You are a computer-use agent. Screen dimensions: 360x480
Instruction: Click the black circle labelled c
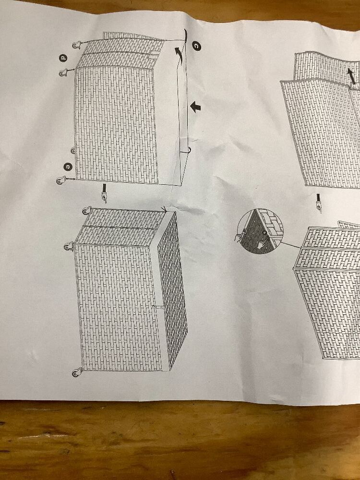tap(196, 46)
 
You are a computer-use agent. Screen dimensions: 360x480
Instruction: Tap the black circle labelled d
tap(63, 58)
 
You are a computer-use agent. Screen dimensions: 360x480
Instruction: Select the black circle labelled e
tap(68, 167)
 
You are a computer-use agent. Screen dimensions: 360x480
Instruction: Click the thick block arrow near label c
tap(195, 107)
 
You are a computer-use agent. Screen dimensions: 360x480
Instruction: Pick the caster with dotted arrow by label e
tap(60, 181)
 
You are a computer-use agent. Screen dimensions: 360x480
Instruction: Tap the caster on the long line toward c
tap(77, 45)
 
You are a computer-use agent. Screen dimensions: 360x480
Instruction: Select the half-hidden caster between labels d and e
tap(73, 151)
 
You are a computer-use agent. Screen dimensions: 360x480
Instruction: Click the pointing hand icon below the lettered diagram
tap(104, 193)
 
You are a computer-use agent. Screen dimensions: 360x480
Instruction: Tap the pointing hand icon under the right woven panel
tap(319, 203)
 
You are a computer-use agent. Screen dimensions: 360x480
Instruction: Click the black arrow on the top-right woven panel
tap(351, 76)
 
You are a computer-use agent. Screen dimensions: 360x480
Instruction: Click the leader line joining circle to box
tap(290, 245)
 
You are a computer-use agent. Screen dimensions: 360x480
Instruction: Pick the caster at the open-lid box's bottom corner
tap(76, 372)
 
